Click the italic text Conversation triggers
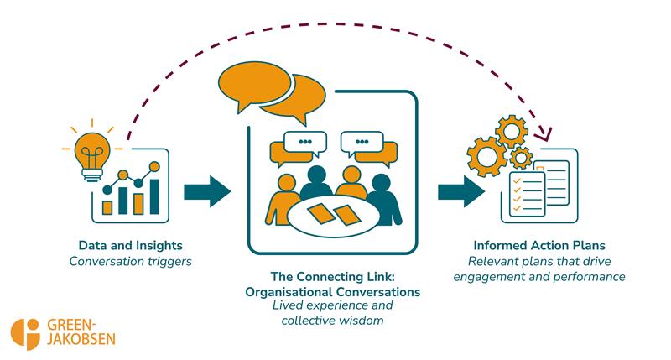pos(130,261)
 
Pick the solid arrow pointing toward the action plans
pos(460,190)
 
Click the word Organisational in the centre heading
pos(290,291)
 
